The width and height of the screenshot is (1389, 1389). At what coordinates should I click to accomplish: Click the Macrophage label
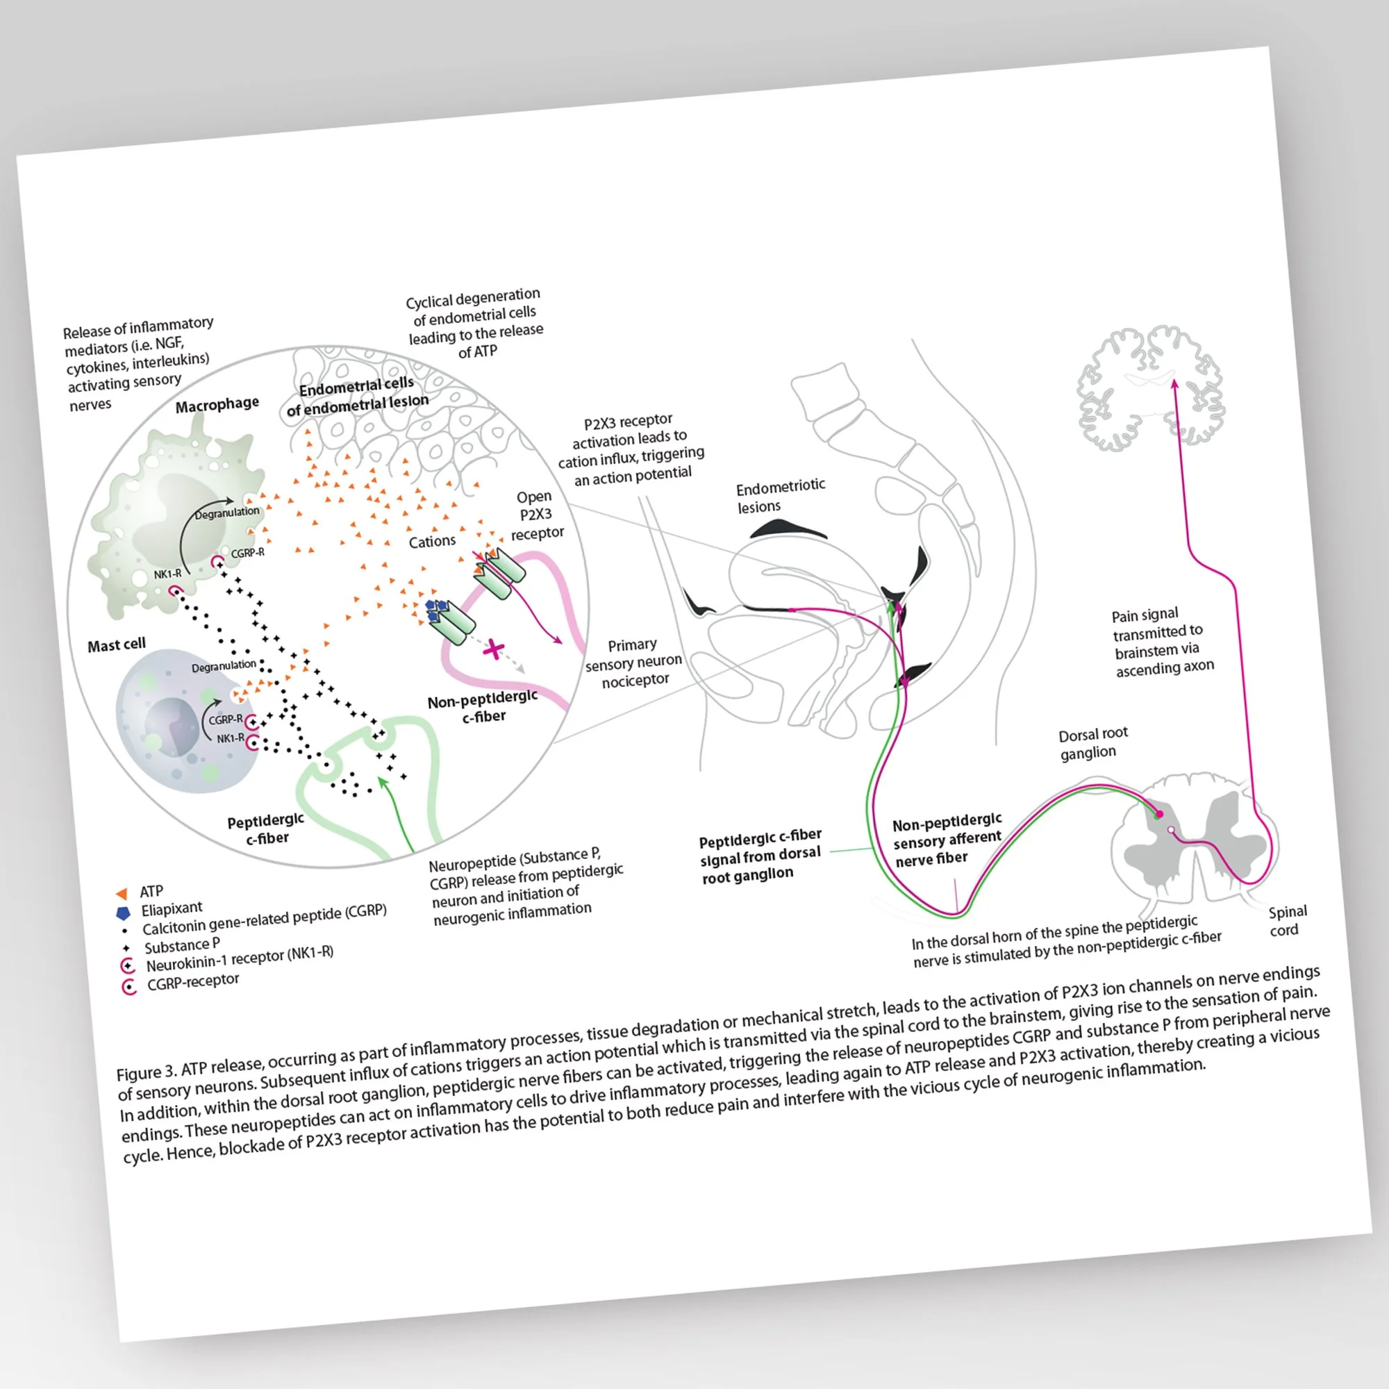(x=217, y=405)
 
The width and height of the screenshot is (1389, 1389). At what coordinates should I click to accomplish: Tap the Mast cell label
(x=117, y=644)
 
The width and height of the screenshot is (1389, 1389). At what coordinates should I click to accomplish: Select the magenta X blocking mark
(x=493, y=649)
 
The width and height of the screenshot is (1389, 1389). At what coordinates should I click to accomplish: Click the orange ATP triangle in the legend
(x=122, y=893)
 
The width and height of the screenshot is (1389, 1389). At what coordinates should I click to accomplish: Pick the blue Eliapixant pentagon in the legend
(x=124, y=913)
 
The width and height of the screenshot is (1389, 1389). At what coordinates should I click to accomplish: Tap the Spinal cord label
(x=1286, y=920)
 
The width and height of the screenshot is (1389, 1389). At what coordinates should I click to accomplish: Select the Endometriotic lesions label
(x=779, y=496)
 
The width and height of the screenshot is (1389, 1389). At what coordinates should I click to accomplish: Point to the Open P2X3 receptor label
(x=536, y=515)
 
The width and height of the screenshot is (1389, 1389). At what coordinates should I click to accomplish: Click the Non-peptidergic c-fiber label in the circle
(x=483, y=706)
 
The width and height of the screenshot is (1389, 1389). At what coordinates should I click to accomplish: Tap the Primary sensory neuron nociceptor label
(x=633, y=662)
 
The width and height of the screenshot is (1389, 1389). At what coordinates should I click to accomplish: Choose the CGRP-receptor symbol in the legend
(x=129, y=986)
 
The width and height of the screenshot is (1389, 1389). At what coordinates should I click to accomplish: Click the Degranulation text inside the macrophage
(x=227, y=513)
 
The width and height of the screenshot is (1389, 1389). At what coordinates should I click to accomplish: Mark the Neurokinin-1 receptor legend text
(x=240, y=958)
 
